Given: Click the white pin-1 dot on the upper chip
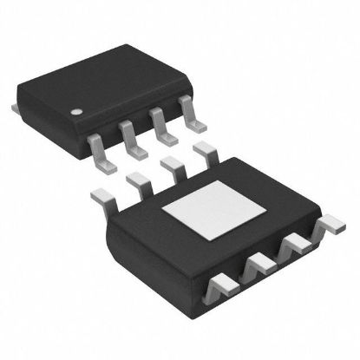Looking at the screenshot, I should coord(75,111).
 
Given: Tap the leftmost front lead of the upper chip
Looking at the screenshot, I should coord(100,153).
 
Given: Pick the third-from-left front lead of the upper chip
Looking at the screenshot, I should coord(160,127).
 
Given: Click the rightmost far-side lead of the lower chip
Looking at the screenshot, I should coord(205,153).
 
